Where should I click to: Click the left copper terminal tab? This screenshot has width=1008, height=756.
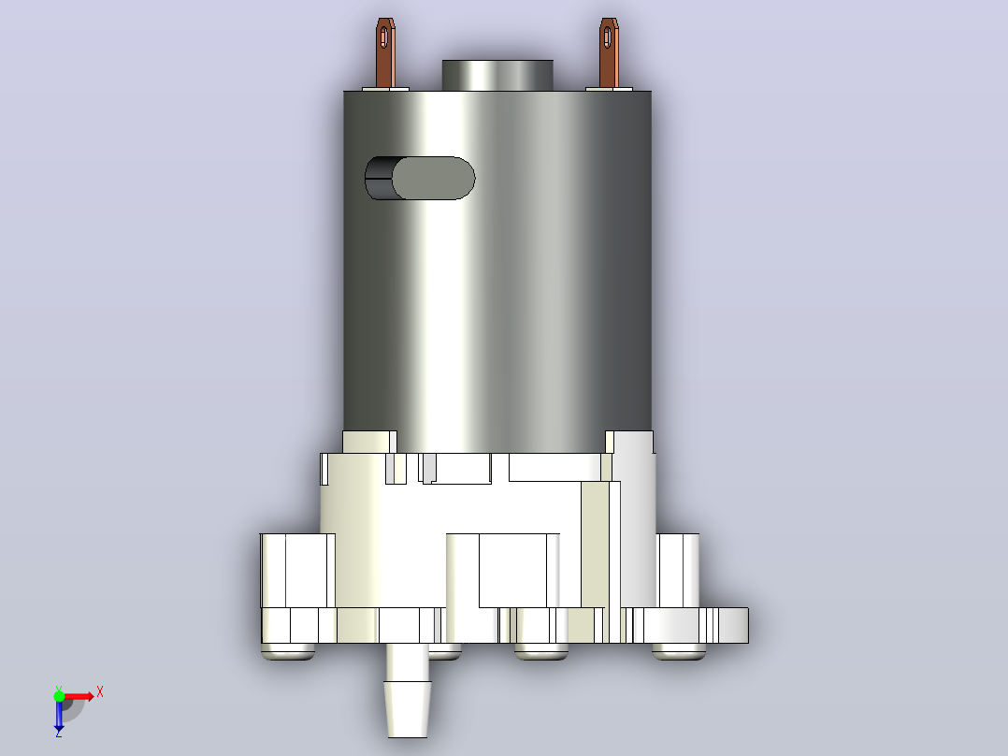[x=385, y=53]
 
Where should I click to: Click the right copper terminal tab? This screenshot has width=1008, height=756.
[x=608, y=53]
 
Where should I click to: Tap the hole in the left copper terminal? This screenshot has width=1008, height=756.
[x=383, y=36]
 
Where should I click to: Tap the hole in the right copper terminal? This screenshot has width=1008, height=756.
[x=608, y=36]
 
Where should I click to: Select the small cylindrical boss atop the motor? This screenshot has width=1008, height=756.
[x=497, y=75]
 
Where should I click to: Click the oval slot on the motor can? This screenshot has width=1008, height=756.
[x=421, y=178]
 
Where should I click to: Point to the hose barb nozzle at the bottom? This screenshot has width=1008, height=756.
[x=407, y=690]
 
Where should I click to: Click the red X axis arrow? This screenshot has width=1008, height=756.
[x=79, y=696]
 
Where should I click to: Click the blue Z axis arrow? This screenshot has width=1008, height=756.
[x=59, y=714]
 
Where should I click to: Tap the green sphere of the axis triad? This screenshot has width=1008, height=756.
[x=59, y=696]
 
